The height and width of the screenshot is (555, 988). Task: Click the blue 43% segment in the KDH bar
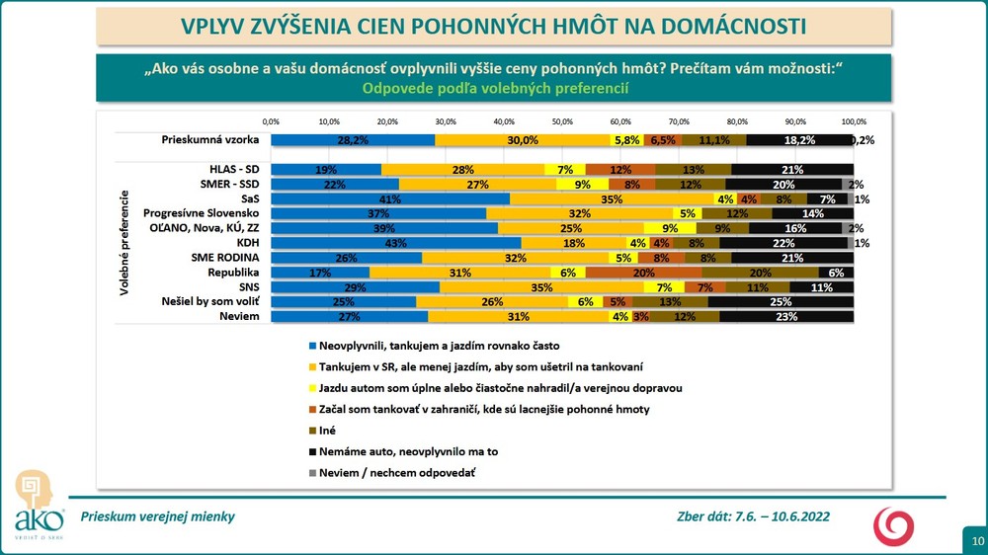tap(396, 243)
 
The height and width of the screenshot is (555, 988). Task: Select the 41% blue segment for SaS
tap(390, 198)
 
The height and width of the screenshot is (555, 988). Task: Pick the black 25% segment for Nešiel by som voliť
tap(781, 302)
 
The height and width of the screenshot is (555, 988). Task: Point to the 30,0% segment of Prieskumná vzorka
tap(523, 140)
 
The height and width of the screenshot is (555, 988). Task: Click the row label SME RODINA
tap(223, 258)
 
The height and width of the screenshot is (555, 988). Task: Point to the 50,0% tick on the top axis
tap(562, 120)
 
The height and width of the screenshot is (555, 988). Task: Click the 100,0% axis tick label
tap(853, 120)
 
